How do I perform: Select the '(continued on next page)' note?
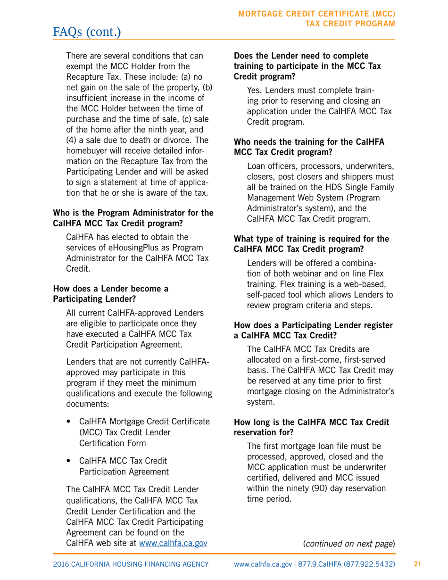349,543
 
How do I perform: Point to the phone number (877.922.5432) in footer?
372,564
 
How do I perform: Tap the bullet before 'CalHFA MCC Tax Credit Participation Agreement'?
70,460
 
